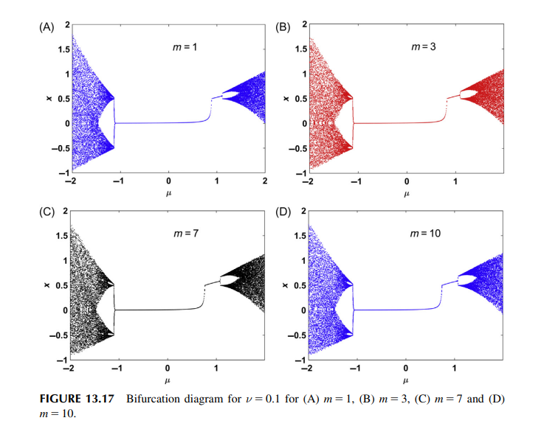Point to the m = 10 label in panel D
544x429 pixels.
tap(425, 234)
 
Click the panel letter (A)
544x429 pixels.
tap(47, 27)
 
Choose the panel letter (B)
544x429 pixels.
tap(284, 27)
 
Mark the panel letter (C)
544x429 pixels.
tap(47, 214)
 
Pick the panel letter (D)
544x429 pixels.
tap(284, 214)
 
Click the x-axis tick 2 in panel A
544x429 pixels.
tap(264, 181)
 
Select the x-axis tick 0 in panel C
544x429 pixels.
tap(168, 368)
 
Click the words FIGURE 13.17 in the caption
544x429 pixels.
tap(76, 399)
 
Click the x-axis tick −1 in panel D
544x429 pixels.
tap(357, 368)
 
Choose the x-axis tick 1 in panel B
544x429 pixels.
tap(455, 181)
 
